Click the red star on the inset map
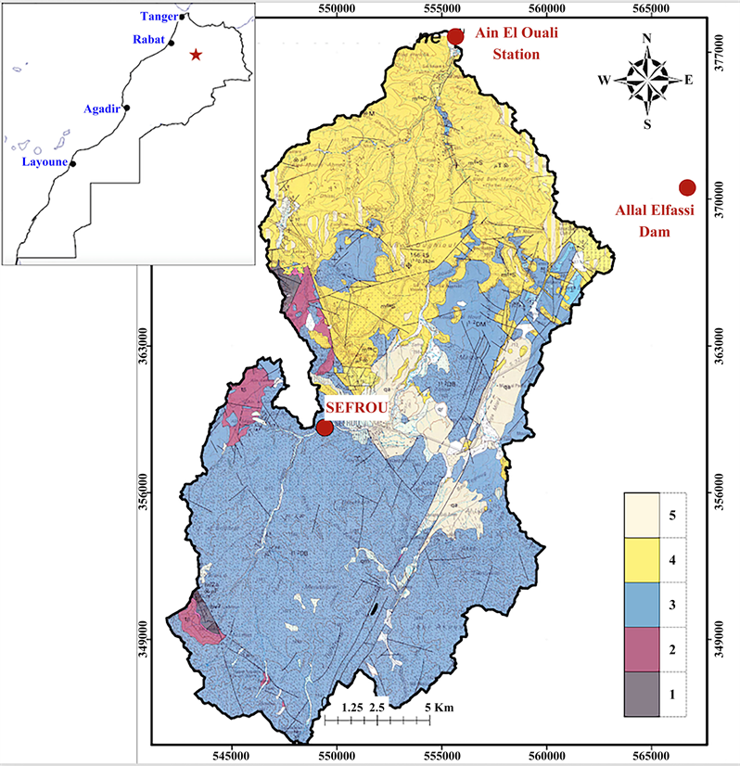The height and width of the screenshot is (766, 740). (196, 55)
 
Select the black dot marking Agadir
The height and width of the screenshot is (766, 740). (127, 108)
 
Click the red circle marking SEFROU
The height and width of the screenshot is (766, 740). (325, 428)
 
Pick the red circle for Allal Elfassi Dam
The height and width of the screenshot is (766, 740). (687, 187)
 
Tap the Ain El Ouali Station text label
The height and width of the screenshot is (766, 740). (507, 44)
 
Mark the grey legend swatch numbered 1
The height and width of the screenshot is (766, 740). (641, 693)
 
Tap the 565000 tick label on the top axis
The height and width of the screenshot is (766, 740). (655, 8)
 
